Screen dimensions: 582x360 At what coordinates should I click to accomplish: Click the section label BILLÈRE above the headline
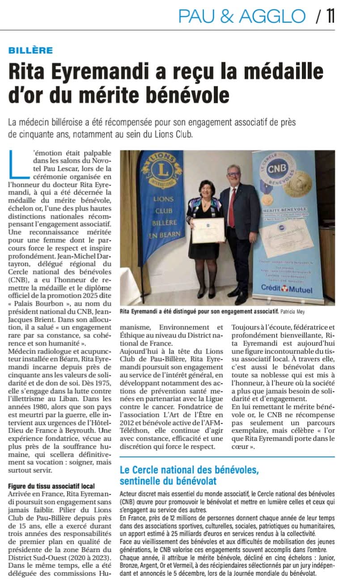pos(30,50)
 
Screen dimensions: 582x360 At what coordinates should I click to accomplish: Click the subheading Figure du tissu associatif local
pos(51,486)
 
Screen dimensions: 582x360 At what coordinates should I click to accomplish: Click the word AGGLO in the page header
pos(272,16)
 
